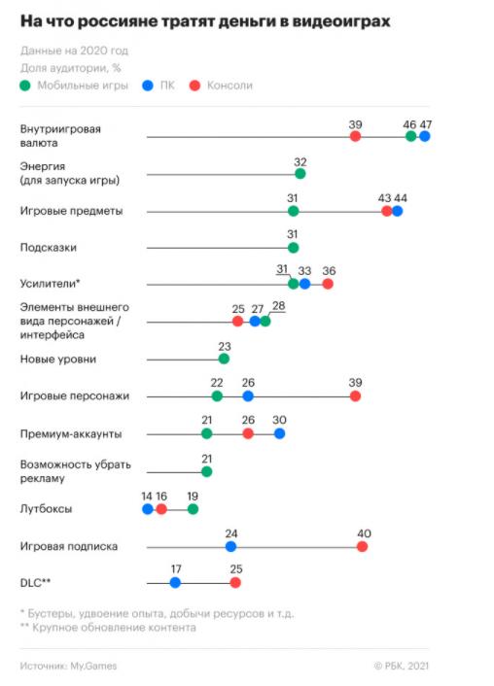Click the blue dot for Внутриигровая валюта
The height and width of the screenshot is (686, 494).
point(424,136)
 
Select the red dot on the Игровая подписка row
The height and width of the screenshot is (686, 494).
point(362,546)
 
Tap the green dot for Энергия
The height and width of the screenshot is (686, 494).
point(300,174)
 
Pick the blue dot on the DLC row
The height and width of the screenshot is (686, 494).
point(175,583)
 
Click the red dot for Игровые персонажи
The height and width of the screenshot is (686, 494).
point(355,395)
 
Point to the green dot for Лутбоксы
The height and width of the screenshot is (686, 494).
point(193,509)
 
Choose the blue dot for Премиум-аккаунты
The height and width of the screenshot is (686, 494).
point(279,433)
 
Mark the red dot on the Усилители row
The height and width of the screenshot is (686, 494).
point(328,284)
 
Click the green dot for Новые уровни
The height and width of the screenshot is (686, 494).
point(224,359)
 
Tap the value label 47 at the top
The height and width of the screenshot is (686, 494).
point(426,124)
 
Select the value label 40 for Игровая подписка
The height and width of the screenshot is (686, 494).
point(364,533)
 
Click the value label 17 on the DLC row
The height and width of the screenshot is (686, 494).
point(176,568)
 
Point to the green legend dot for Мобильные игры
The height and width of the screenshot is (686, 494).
point(25,86)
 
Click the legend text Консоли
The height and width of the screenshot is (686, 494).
point(229,86)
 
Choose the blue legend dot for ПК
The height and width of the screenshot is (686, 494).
point(148,86)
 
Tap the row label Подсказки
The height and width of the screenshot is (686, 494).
point(49,248)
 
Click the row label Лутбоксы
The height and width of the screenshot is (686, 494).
point(46,509)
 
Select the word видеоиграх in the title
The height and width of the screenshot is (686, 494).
point(340,21)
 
